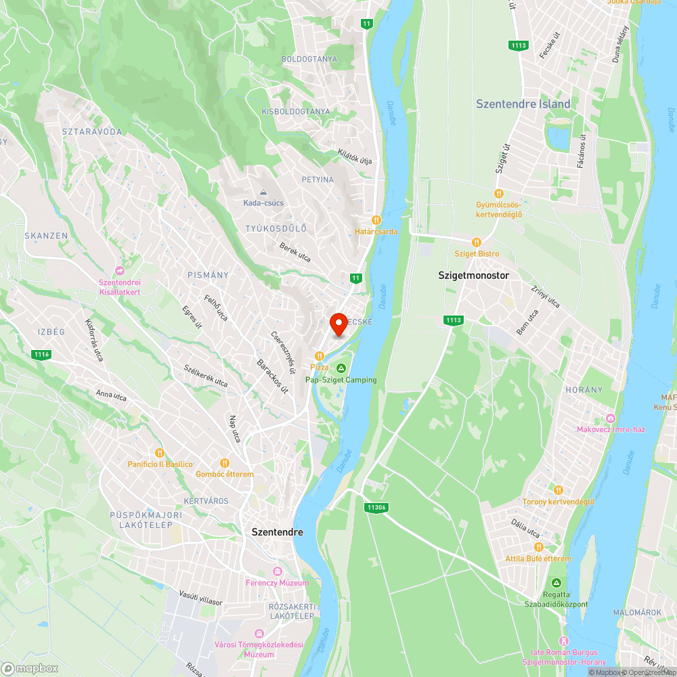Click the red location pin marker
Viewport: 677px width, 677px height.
point(338,324)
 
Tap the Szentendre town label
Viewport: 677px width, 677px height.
point(277,532)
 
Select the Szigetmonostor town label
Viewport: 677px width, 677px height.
point(474,276)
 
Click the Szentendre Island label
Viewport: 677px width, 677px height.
point(523,104)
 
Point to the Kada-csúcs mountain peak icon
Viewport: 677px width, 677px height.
point(264,192)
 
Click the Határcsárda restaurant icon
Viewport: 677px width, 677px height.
point(376,220)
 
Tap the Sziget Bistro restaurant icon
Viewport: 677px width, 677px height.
point(477,242)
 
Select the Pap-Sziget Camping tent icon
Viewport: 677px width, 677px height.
point(341,368)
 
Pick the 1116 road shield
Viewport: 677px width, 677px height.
point(41,354)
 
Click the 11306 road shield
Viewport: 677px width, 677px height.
point(374,507)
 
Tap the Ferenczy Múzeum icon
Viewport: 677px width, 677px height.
point(277,572)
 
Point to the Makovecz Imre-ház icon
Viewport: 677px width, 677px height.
point(611,418)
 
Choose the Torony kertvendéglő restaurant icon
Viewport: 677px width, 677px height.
point(558,490)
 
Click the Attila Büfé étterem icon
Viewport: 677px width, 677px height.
point(539,547)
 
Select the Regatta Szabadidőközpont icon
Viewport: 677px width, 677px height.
point(556,583)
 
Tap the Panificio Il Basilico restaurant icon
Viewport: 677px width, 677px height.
point(160,453)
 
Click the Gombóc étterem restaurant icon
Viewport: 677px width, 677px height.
point(224,463)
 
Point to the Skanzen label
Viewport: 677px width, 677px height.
point(46,236)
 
